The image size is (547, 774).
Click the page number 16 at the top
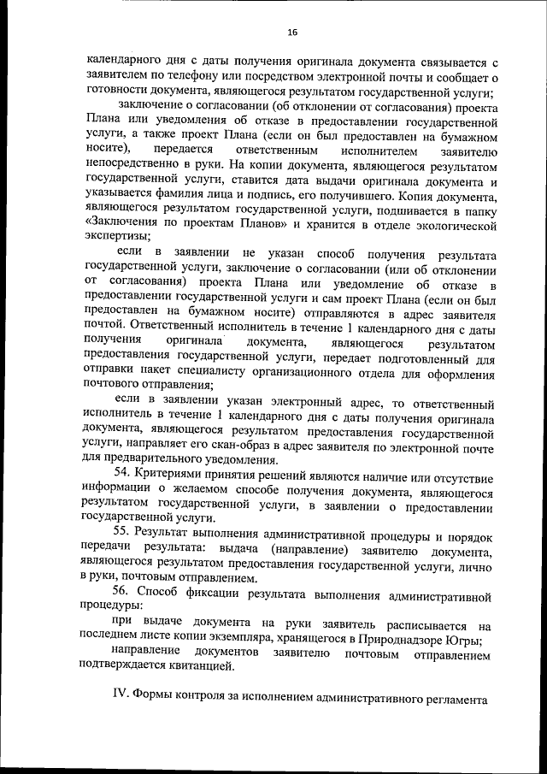(291, 32)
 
